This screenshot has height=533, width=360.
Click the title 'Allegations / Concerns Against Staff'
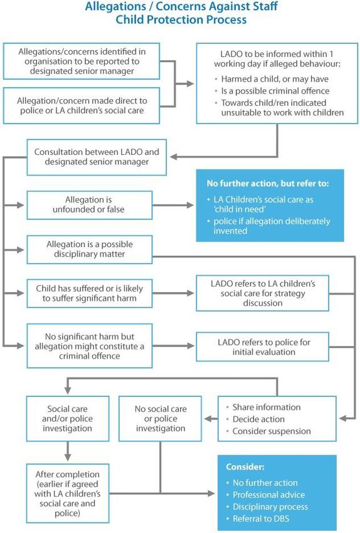181,6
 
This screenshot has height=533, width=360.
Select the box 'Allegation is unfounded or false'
90,205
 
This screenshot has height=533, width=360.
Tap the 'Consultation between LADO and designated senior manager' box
97,157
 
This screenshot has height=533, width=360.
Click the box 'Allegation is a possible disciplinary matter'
90,250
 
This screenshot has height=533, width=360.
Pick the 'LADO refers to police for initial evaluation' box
262,347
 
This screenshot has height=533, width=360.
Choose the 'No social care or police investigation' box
160,418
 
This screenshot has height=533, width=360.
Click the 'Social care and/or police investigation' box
68,418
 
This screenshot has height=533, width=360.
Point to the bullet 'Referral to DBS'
261,519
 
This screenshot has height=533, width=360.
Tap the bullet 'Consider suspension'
272,431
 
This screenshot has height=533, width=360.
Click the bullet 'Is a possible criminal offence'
275,91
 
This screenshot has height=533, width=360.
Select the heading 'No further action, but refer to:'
268,184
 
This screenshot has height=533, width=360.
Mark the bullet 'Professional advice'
268,495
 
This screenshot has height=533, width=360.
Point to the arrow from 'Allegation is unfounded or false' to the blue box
173,205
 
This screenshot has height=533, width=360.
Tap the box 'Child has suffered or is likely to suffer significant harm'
90,293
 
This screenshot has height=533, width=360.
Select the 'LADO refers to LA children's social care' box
262,293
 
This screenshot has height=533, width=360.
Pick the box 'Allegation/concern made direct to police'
82,106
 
